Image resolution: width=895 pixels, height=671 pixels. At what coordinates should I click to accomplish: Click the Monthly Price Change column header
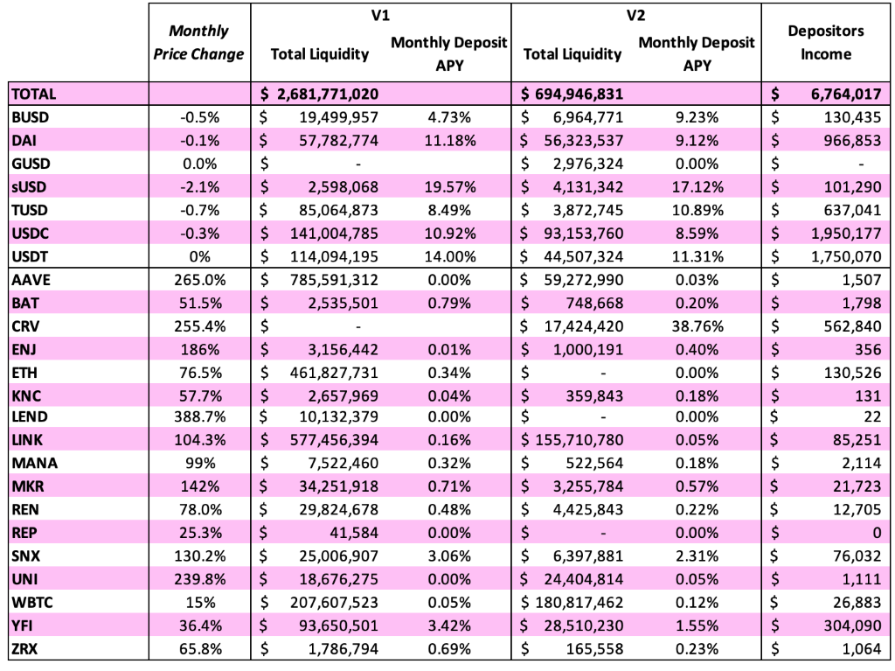198,42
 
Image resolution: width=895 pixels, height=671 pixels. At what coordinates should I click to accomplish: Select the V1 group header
380,16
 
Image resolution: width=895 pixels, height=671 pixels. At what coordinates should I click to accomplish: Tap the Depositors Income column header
825,42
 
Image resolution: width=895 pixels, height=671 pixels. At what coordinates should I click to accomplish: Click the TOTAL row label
34,94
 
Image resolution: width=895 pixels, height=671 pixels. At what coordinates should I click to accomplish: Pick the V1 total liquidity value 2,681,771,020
328,94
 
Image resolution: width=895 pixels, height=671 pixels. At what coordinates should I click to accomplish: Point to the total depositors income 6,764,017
846,94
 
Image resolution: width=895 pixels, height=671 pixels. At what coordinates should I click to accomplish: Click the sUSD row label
29,187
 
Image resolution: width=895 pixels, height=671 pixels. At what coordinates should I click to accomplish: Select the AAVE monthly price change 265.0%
200,280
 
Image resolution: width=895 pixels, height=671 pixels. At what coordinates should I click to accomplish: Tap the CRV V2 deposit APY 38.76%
697,326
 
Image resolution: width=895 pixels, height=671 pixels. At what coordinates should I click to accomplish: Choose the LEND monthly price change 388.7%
200,416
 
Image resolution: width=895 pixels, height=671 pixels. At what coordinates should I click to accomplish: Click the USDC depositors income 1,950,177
846,234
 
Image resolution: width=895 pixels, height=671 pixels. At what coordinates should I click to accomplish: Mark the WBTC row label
32,603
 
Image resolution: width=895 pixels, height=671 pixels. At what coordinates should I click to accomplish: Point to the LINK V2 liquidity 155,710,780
579,440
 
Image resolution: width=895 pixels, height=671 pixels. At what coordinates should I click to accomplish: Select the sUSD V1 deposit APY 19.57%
450,187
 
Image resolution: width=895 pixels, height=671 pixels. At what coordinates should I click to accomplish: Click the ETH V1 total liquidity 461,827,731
334,373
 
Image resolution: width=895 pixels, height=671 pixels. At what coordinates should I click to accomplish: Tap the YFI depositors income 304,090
852,626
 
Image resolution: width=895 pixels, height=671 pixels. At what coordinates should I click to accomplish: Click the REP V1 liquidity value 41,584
354,533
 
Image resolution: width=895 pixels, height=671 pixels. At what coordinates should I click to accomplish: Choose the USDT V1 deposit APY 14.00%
450,256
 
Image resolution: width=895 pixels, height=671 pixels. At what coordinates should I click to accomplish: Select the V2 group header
636,16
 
